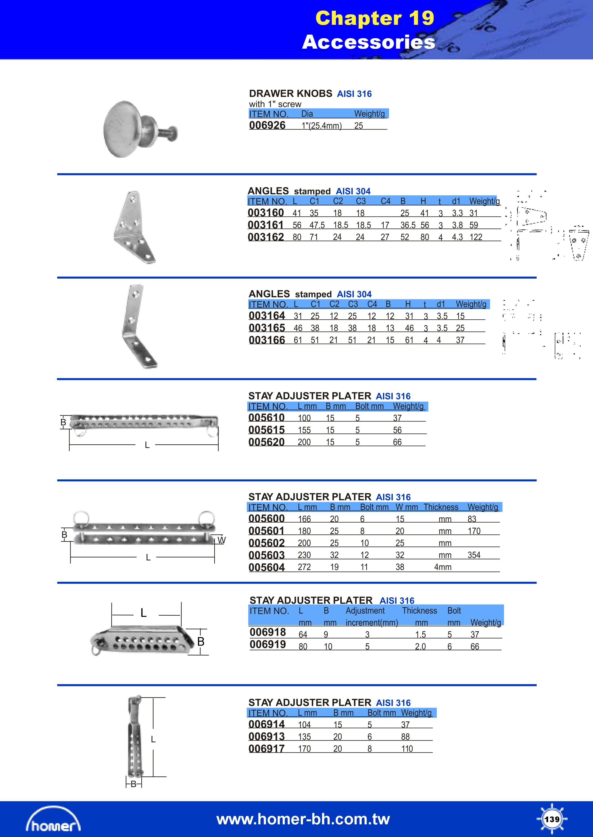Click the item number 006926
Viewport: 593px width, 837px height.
point(267,125)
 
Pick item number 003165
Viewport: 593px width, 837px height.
point(267,328)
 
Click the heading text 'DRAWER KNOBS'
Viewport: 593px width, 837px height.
point(291,94)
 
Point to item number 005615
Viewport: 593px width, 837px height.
point(267,430)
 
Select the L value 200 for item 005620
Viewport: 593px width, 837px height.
point(304,442)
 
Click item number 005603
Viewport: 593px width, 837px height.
point(267,555)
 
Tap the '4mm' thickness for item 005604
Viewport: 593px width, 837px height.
point(443,567)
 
